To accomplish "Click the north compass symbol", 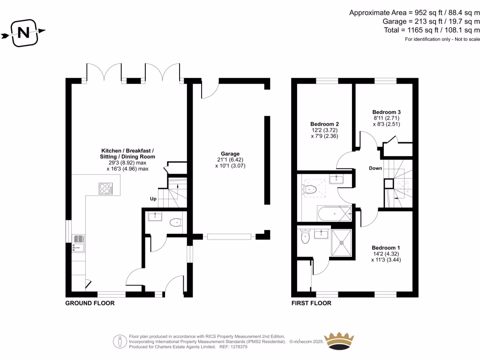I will pyautogui.click(x=22, y=32).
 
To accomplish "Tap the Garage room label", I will pyautogui.click(x=230, y=154).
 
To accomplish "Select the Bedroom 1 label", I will pyautogui.click(x=386, y=247).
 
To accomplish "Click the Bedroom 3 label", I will pyautogui.click(x=386, y=112).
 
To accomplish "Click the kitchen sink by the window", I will pyautogui.click(x=78, y=244).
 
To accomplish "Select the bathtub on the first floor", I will pyautogui.click(x=334, y=214).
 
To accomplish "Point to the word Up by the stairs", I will pyautogui.click(x=153, y=199).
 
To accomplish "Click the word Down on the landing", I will pyautogui.click(x=375, y=168).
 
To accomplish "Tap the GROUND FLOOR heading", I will pyautogui.click(x=90, y=303).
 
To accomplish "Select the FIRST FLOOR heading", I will pyautogui.click(x=311, y=303).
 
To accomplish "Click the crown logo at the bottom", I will pyautogui.click(x=339, y=340).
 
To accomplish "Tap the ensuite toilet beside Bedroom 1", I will pyautogui.click(x=305, y=236).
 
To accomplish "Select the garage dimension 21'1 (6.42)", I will pyautogui.click(x=230, y=160).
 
